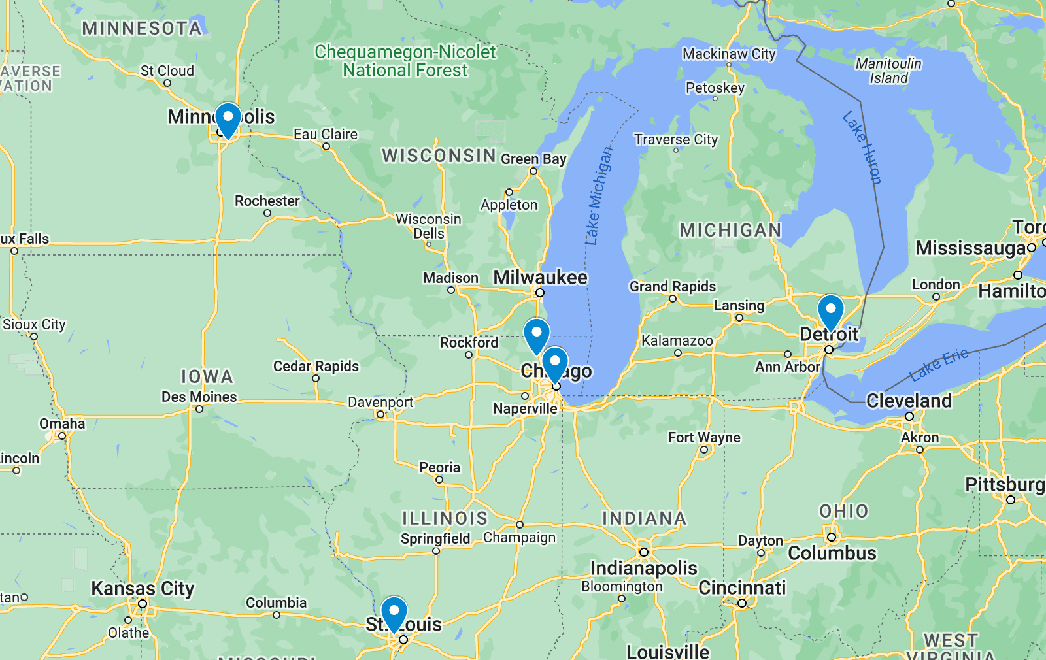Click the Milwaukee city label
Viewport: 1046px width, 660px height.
(540, 278)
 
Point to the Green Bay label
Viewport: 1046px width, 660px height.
(533, 159)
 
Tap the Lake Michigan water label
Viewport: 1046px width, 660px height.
(599, 196)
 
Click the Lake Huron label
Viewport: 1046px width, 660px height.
(862, 148)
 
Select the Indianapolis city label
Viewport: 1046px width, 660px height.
(644, 568)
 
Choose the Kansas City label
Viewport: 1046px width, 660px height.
(143, 589)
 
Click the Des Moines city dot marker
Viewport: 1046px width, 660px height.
(199, 409)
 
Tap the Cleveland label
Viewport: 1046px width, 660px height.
(909, 401)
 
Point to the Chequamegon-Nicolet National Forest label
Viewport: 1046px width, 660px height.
(405, 61)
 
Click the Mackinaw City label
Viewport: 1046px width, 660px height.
(729, 54)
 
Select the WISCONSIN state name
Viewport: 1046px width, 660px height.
(439, 156)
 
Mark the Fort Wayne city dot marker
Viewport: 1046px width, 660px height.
(704, 450)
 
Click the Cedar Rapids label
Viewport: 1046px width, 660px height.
(316, 366)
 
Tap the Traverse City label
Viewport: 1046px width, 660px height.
(676, 139)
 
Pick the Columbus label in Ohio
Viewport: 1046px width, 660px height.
(832, 553)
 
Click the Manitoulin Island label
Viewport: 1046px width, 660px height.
(888, 71)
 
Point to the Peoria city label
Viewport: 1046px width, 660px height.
(439, 467)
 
